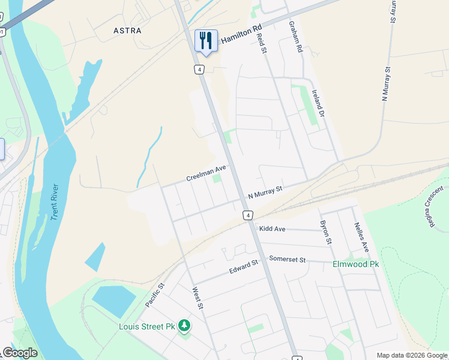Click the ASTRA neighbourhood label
click(x=127, y=30)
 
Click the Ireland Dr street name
click(x=318, y=103)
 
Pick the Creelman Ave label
click(x=206, y=173)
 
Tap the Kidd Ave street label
click(x=272, y=229)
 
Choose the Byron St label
click(x=326, y=232)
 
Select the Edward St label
click(x=243, y=267)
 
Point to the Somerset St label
click(x=288, y=260)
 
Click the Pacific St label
click(x=154, y=296)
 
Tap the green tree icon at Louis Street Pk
click(x=184, y=326)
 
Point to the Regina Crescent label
click(x=436, y=206)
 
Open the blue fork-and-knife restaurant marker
click(x=206, y=41)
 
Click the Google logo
click(x=20, y=353)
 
